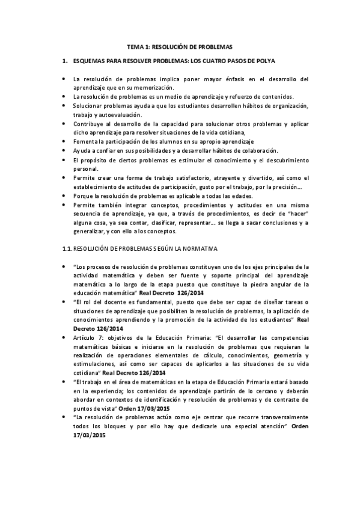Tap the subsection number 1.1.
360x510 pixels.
point(68,248)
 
